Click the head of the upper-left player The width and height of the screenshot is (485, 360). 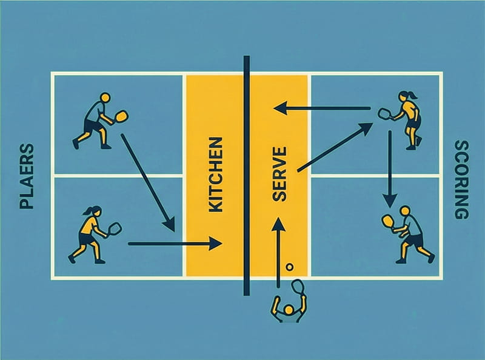point(105,97)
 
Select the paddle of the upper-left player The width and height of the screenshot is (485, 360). point(121,115)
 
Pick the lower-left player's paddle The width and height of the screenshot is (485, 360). point(115,229)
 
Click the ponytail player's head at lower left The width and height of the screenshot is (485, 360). point(92,212)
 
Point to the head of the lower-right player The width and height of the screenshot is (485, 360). point(405,211)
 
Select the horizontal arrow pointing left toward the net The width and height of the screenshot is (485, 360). point(321,108)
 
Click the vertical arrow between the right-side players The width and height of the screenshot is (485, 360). point(390,169)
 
